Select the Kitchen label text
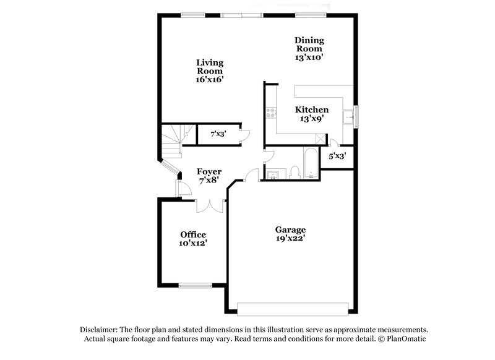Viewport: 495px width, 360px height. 311,109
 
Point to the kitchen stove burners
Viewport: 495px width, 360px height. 270,113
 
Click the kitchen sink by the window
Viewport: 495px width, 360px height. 349,116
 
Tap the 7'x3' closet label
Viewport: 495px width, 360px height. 217,134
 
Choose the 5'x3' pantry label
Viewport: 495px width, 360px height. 337,156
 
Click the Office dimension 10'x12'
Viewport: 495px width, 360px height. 193,243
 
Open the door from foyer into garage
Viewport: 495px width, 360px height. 251,176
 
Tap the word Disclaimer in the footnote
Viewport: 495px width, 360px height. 101,330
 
